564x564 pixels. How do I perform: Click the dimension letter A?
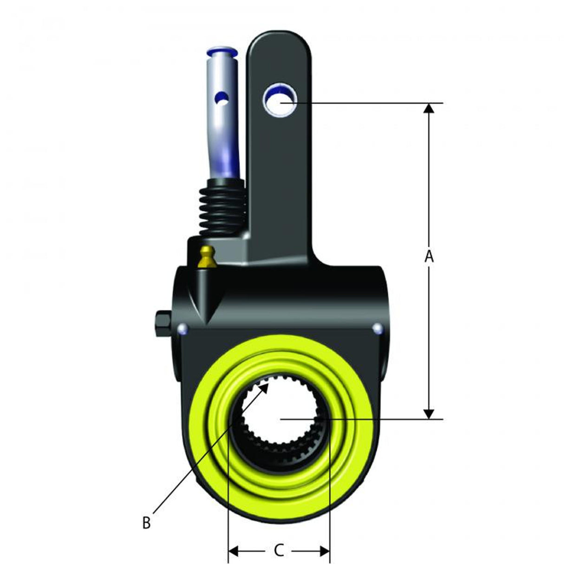[x=429, y=256]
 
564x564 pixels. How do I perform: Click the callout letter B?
[x=146, y=523]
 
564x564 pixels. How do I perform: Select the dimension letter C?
[x=279, y=551]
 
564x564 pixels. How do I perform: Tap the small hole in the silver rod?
[x=222, y=98]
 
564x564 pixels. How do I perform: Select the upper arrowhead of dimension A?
[x=429, y=108]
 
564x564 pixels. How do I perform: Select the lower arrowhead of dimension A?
[x=429, y=413]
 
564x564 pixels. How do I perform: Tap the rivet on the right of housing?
[x=378, y=328]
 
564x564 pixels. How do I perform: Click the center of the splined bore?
[x=280, y=418]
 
